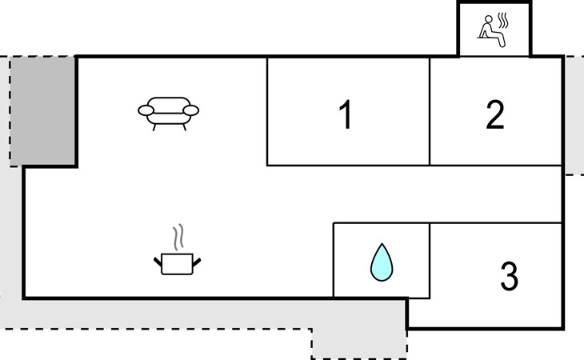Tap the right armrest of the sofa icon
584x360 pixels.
click(193, 110)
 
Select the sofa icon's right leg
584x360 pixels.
click(185, 126)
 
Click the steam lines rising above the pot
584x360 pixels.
click(181, 238)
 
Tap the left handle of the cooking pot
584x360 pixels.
click(158, 260)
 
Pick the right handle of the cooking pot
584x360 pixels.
click(198, 260)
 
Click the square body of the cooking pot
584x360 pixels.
click(178, 264)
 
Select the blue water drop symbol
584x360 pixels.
click(382, 262)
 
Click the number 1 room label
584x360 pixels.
click(346, 116)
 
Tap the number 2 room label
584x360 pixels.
click(495, 115)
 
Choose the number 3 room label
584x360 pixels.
click(509, 276)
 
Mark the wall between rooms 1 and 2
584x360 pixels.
click(430, 111)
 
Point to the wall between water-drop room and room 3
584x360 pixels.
click(430, 260)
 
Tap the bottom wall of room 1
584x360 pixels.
click(348, 166)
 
